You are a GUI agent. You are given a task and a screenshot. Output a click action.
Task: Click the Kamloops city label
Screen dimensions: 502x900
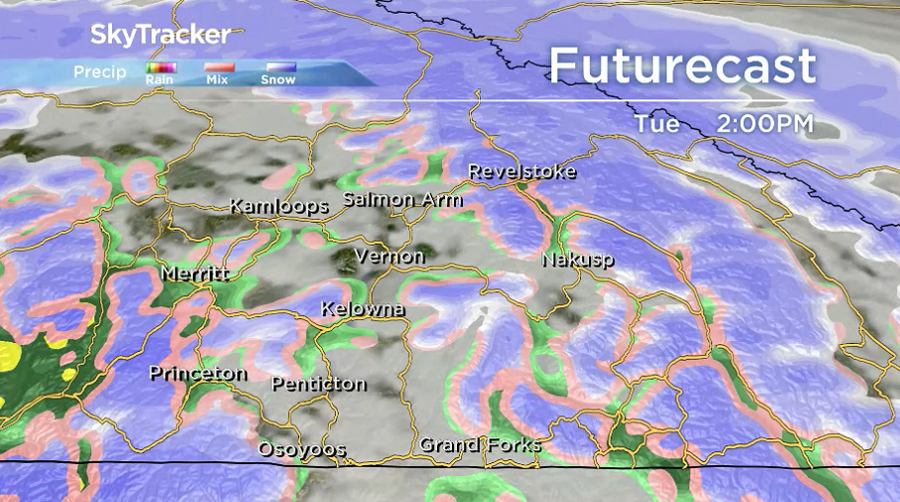coord(279,207)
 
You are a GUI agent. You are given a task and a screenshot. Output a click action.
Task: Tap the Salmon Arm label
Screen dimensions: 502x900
coord(402,199)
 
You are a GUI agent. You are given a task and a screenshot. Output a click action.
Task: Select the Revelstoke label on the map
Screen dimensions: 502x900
coord(522,172)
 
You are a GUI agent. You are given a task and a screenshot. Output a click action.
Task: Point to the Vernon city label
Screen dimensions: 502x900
coord(389,256)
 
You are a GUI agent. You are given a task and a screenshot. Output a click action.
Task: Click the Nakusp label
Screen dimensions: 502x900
coord(577,259)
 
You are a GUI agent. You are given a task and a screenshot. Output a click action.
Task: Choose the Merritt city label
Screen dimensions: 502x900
coord(194,273)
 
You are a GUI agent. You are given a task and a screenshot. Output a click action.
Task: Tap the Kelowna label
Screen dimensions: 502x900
coord(363,309)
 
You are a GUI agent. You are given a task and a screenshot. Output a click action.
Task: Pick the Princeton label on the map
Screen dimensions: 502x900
coord(198,374)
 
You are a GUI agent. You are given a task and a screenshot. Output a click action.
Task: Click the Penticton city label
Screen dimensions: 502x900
coord(318,384)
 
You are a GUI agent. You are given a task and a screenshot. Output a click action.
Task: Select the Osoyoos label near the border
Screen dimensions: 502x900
coord(302,449)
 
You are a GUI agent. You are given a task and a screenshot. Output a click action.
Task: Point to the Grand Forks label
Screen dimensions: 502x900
coord(480,444)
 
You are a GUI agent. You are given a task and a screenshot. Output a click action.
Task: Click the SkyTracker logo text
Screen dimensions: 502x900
coord(161,35)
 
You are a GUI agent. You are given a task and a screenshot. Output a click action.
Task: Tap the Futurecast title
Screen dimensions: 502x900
coord(682,66)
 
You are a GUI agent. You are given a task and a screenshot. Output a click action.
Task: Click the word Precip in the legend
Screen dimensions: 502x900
coord(100,72)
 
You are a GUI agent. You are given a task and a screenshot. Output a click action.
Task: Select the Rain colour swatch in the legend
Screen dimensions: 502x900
coord(160,68)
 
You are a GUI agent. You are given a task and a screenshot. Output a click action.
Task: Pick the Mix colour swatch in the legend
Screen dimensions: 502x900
coord(219,68)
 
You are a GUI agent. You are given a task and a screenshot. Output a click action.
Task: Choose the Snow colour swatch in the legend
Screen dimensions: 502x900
coord(278,68)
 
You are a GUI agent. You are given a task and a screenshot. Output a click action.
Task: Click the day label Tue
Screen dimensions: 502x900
coord(658,124)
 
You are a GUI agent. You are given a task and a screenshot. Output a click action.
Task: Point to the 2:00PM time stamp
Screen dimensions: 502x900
coord(764,124)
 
